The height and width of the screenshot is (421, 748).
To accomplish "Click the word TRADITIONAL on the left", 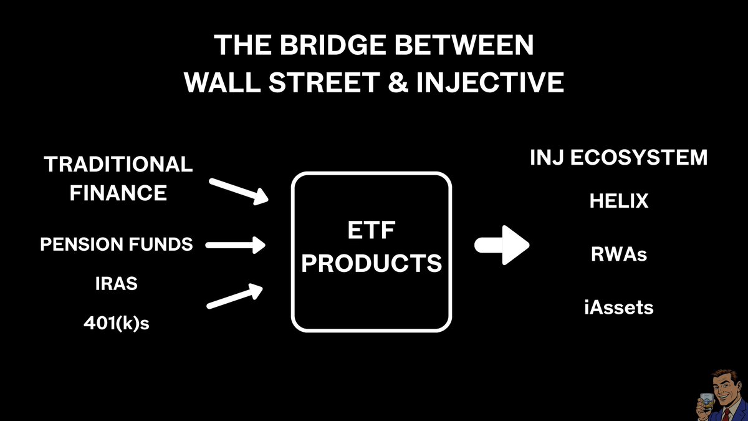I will point(118,165).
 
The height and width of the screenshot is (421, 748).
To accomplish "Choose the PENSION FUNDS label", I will point(117,244).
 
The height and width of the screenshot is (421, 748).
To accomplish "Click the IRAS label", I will point(117,283).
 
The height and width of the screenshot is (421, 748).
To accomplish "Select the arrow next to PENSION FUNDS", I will point(236,245).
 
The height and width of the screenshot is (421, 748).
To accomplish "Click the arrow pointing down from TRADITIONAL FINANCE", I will point(239,191).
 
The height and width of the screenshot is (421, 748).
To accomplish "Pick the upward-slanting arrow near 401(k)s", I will point(236,296).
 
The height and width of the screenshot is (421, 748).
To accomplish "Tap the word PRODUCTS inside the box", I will point(372,264).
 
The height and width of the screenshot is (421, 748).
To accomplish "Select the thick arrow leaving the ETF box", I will point(502,244).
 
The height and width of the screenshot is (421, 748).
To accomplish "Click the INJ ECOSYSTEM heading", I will point(618,158).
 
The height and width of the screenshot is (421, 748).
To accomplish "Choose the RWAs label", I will point(619,255).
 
